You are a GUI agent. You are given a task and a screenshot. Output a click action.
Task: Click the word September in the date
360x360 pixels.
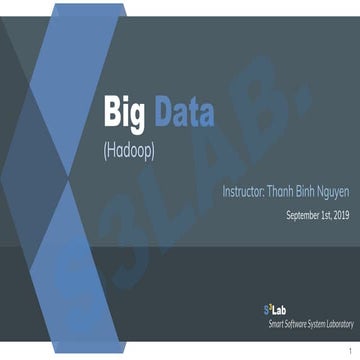click(x=304, y=215)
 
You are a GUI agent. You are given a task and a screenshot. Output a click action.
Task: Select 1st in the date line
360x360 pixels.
click(x=326, y=215)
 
